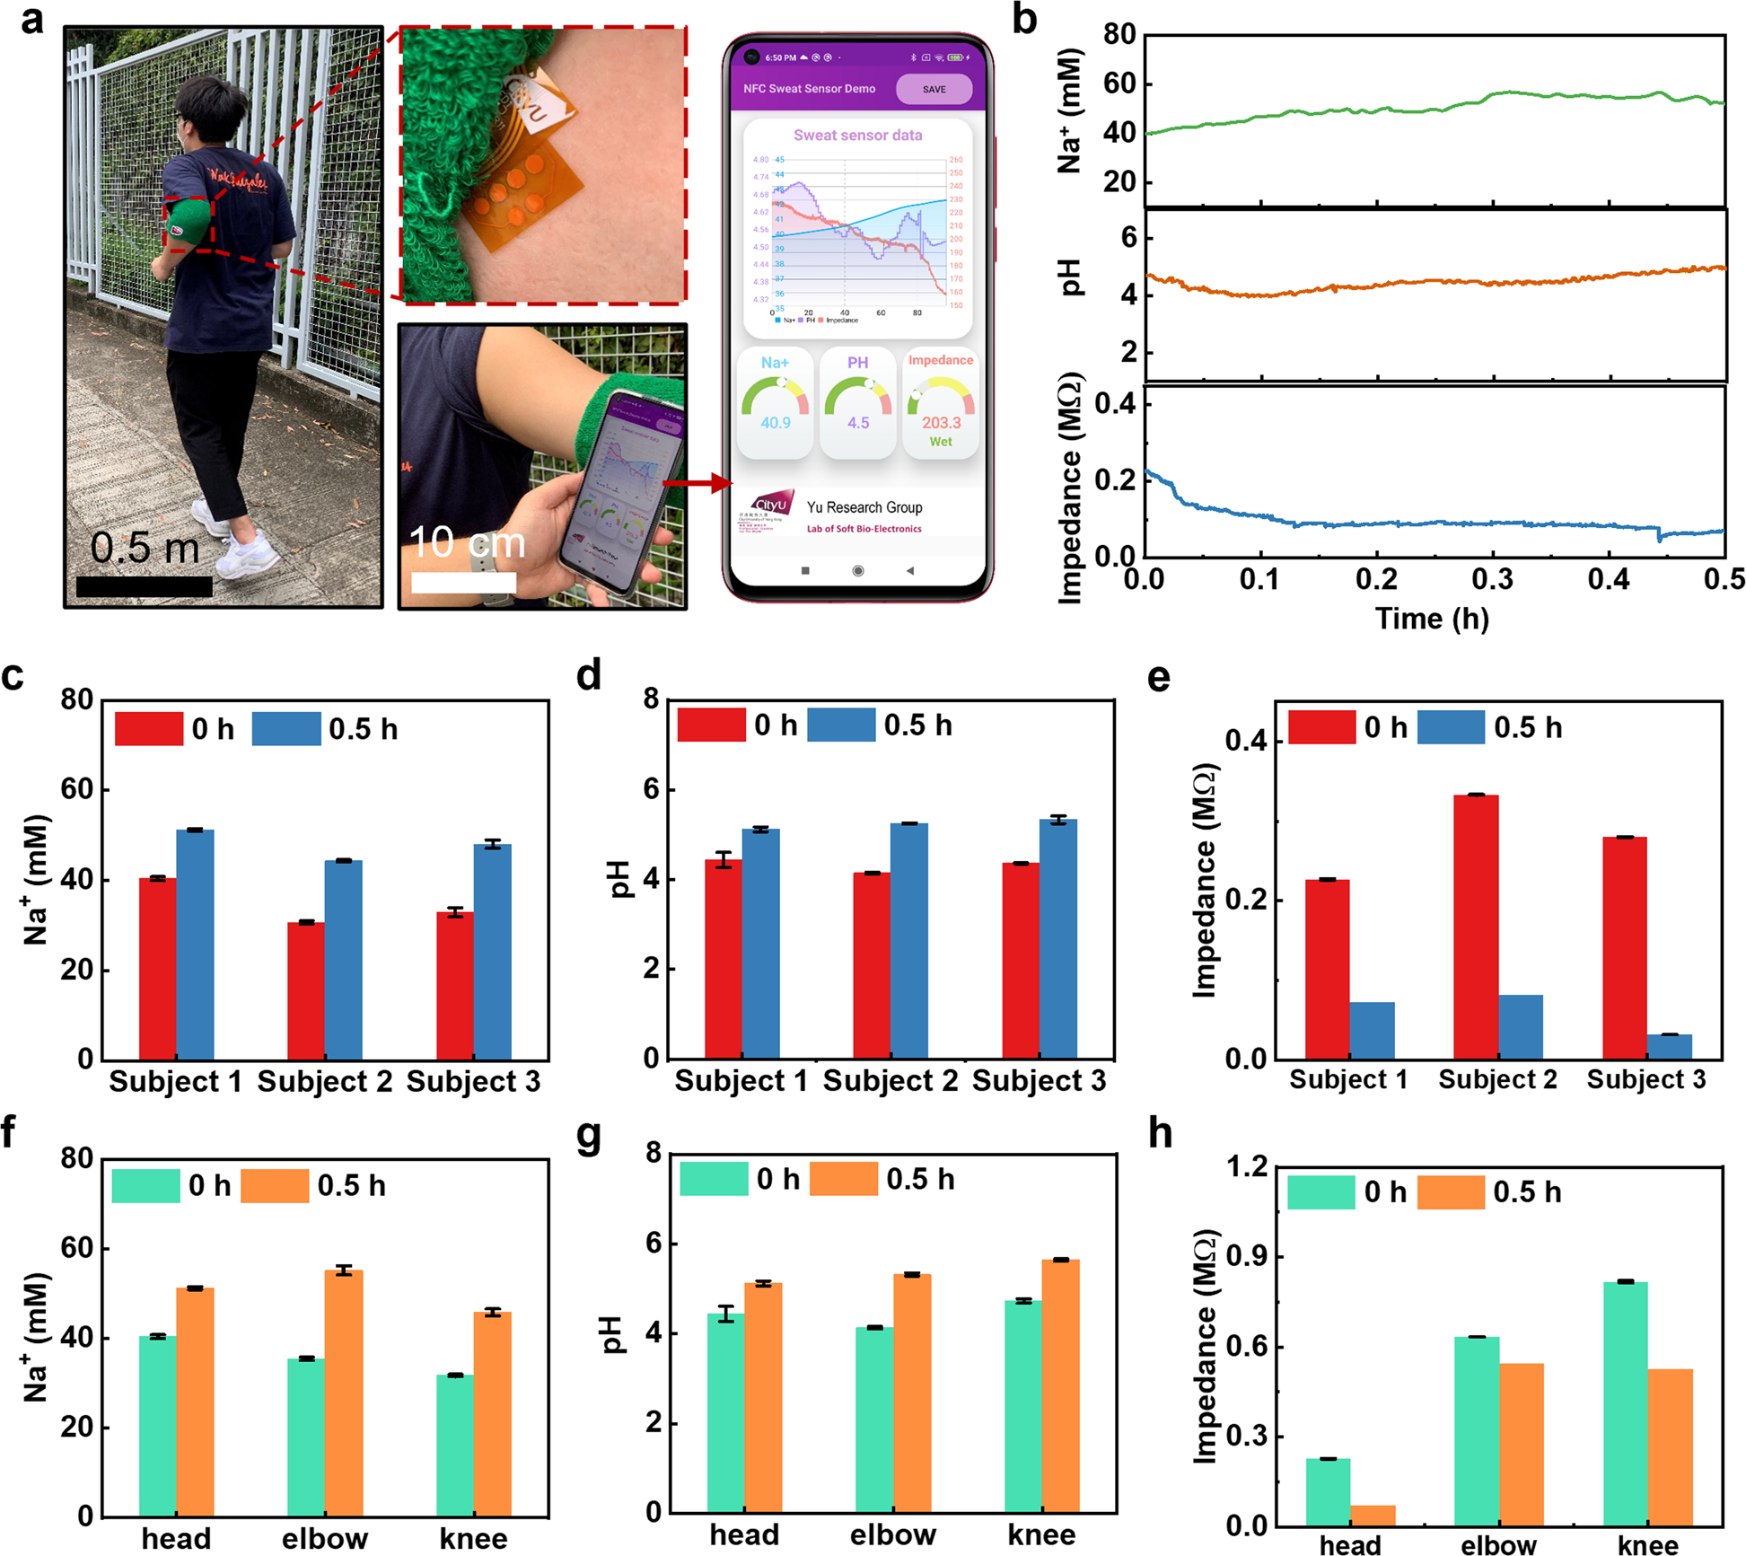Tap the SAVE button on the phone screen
coord(933,89)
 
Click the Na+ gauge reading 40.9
coord(775,422)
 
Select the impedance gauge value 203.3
coord(940,422)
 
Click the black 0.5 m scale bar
coord(145,586)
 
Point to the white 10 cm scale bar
coord(463,582)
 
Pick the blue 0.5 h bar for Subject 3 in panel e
coord(1668,1046)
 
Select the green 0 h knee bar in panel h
coord(1624,1402)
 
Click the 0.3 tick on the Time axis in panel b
coord(1492,579)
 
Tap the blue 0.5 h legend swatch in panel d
coord(840,725)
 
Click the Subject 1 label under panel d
coord(741,1080)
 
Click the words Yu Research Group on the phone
coord(864,507)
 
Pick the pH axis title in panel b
coord(1071,277)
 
